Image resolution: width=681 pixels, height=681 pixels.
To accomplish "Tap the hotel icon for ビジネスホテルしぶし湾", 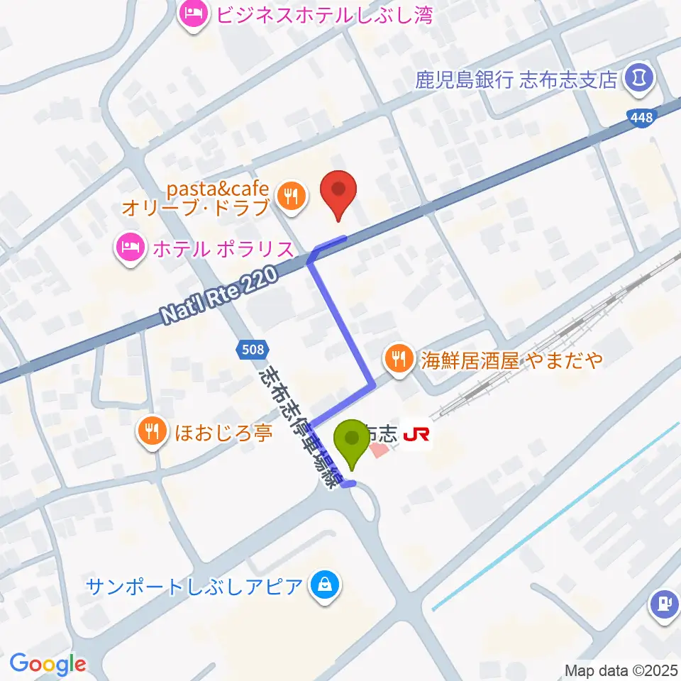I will pos(193,13).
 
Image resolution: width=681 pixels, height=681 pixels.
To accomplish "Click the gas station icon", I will pos(665,604).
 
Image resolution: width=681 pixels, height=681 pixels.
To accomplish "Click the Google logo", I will pos(48,664).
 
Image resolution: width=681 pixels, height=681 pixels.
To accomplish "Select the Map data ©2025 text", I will pos(621,670).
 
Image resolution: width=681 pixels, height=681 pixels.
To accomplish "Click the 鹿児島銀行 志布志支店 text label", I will pos(516,79).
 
